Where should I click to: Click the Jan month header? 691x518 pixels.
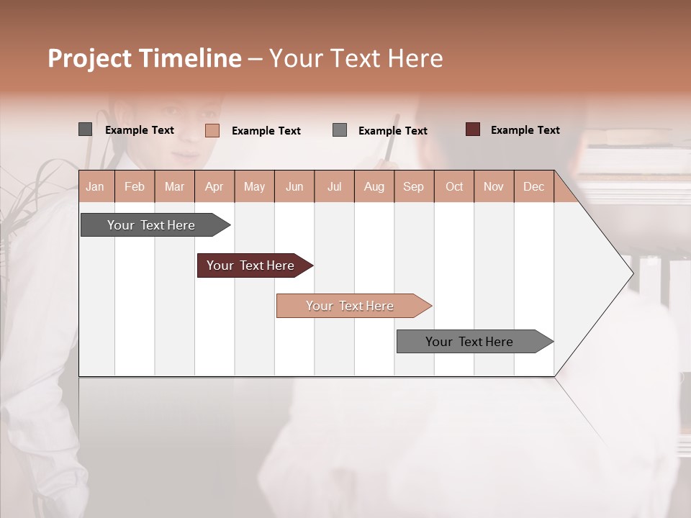point(95,187)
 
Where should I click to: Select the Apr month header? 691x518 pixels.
point(214,187)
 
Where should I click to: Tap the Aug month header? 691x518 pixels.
point(374,187)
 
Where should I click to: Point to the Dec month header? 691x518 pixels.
point(533,187)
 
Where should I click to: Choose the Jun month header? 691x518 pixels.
point(294,187)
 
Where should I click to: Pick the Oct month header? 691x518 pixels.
point(453,187)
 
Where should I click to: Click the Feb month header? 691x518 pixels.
point(135,187)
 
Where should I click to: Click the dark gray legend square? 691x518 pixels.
point(86,129)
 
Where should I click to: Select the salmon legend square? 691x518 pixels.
point(212,130)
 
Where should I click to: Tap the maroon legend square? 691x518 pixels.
point(473,129)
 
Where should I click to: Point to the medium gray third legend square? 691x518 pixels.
point(340,130)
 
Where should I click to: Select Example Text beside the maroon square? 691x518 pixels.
point(525,130)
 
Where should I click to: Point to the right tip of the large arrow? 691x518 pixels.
point(632,273)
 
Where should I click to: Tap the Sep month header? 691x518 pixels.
point(413,187)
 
